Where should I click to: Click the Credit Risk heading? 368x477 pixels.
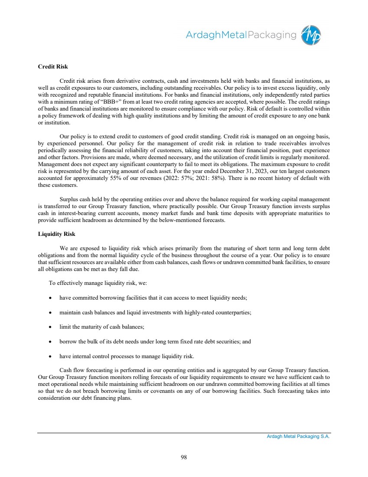coord(53,67)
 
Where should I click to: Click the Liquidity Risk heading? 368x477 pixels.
coord(56,234)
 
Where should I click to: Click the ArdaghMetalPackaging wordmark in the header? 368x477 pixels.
coord(241,35)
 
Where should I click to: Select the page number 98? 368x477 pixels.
coord(184,457)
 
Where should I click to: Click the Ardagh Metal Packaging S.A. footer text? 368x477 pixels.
coord(298,437)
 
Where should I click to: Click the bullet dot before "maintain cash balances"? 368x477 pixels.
coord(52,313)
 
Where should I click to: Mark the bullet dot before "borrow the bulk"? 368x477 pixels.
coord(52,342)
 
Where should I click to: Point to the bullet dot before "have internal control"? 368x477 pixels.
coord(52,356)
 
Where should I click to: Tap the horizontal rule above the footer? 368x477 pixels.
coord(184,433)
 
